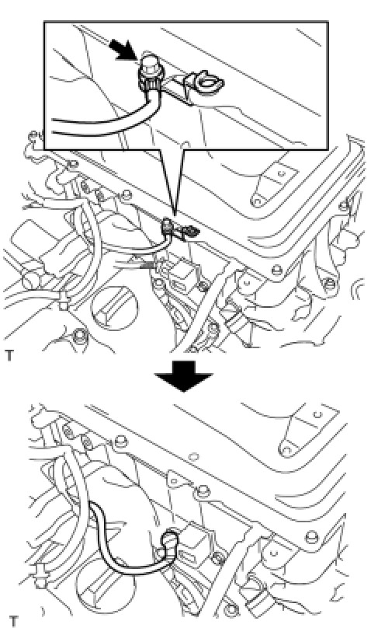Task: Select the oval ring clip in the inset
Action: (210, 82)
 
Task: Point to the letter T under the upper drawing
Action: (9, 356)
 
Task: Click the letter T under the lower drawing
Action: (13, 621)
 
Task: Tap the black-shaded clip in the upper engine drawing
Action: (192, 233)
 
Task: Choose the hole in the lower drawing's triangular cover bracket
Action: (286, 452)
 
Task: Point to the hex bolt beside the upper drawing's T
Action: (78, 336)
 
